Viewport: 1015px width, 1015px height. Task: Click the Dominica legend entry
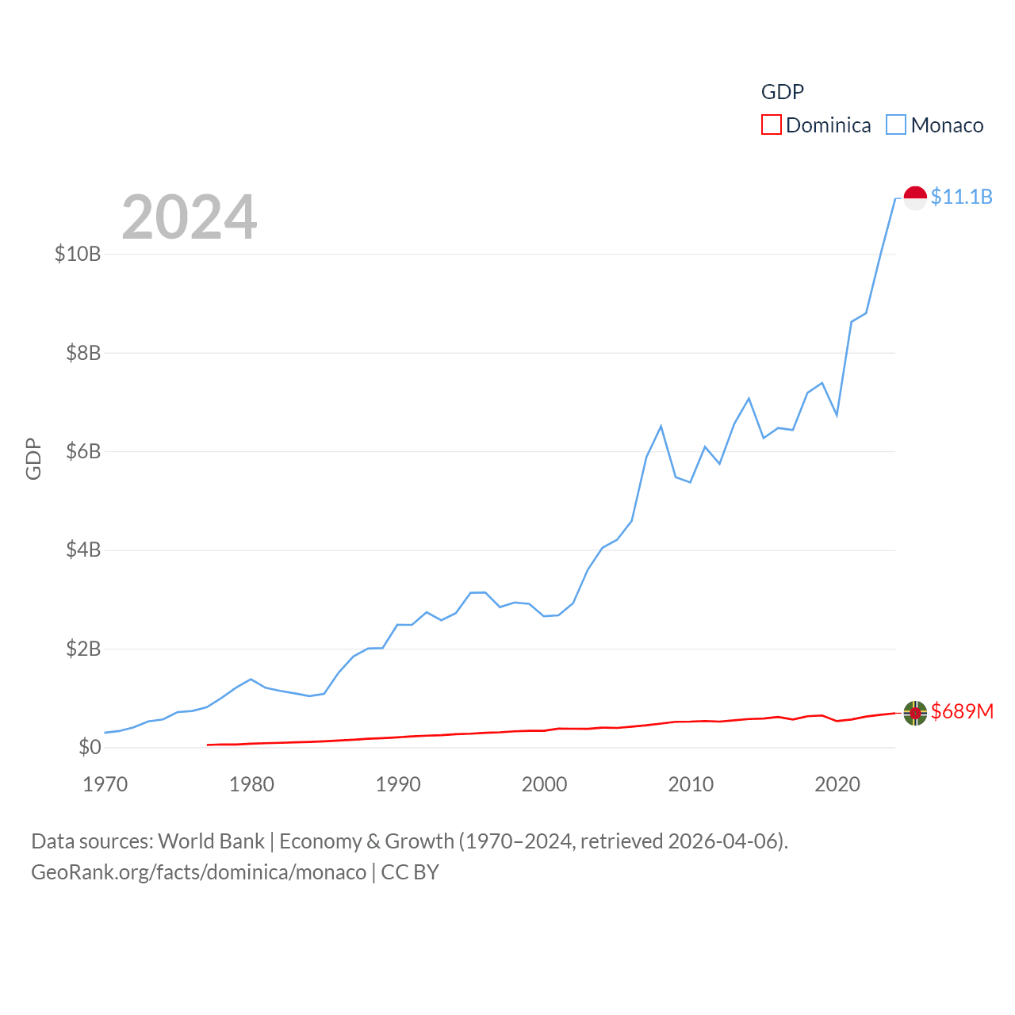point(816,125)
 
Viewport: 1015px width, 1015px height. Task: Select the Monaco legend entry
point(935,125)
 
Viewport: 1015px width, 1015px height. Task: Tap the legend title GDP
point(783,92)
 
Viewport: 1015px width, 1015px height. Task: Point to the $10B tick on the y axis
point(78,254)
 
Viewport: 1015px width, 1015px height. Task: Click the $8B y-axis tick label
point(83,353)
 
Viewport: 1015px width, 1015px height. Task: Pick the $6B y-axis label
point(83,451)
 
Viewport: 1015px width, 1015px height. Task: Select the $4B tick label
point(83,550)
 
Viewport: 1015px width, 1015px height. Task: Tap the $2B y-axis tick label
point(83,649)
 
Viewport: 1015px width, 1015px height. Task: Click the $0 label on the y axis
point(90,747)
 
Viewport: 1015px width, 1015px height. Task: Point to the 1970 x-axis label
point(105,784)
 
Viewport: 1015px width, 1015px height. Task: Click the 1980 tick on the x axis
point(251,784)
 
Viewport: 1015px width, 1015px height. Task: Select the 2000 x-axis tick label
point(544,784)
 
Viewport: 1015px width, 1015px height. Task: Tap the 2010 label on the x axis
point(691,784)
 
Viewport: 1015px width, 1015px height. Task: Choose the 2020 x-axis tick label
point(837,784)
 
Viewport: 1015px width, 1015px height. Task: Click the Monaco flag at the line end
point(915,197)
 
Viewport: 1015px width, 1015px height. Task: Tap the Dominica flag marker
point(915,713)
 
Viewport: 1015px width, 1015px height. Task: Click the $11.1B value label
point(961,197)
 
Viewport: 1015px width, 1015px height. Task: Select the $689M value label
point(962,711)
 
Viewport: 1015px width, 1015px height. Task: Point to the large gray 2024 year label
point(190,216)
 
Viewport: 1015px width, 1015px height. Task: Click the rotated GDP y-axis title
point(33,458)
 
